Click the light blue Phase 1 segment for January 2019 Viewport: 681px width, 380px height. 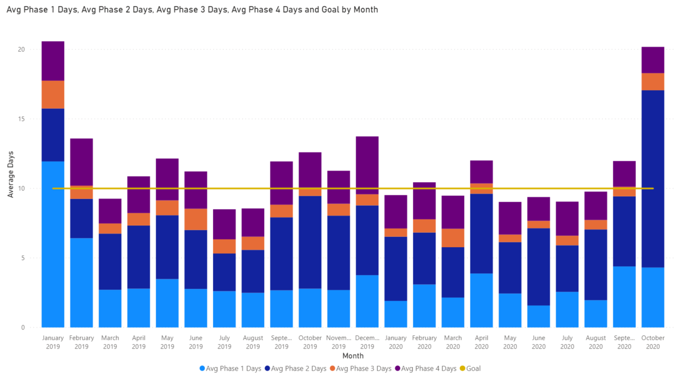53,244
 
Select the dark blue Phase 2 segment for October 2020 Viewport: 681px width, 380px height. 653,179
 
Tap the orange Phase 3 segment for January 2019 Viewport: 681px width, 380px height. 53,94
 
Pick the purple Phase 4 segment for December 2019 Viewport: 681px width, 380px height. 367,165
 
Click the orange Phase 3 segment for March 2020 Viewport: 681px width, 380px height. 453,238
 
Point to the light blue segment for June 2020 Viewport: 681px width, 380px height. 539,316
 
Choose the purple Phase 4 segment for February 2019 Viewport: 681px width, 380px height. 81,162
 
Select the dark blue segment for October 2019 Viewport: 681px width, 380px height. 310,242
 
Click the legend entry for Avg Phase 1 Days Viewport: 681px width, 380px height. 230,369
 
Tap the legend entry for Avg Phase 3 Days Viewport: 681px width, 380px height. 361,369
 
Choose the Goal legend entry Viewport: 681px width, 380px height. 470,369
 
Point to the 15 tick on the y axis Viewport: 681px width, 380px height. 21,119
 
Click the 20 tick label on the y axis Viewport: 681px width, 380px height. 21,49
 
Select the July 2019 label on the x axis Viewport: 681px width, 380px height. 225,342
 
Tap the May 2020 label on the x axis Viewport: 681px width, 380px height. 510,342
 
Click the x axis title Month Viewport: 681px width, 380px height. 353,356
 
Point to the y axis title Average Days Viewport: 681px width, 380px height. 10,174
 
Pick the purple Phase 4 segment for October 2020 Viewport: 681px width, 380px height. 653,60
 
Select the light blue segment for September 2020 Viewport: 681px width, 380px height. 624,297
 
